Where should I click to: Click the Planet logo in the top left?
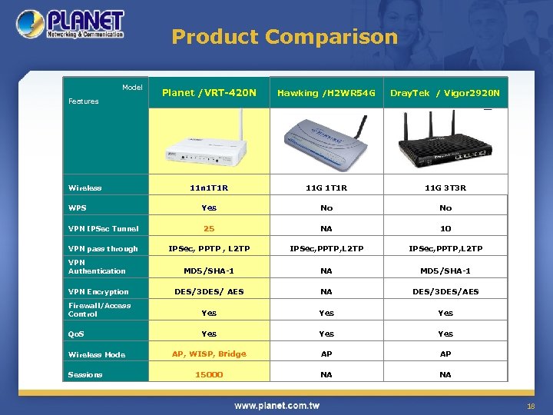click(71, 25)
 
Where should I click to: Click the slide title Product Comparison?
click(284, 36)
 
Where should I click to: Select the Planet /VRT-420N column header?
click(209, 93)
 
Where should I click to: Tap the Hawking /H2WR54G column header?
click(326, 93)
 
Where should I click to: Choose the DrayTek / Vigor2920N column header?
click(445, 93)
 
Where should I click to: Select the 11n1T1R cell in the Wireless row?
click(209, 188)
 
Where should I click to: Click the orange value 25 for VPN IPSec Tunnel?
click(209, 228)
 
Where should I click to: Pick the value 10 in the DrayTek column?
click(445, 228)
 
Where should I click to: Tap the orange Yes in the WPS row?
click(209, 207)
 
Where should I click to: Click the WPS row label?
click(77, 207)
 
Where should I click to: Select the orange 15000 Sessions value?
click(209, 374)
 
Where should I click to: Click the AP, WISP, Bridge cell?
click(209, 354)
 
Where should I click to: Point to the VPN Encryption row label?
click(98, 292)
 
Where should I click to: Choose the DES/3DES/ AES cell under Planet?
click(209, 291)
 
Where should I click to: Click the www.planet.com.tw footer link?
click(276, 405)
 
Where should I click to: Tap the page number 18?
click(530, 404)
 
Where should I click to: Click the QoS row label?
click(77, 334)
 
